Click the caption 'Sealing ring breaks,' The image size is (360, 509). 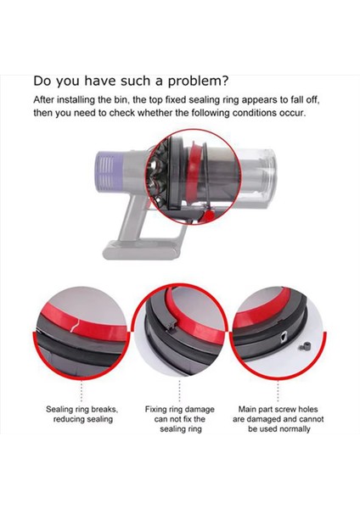point(82,408)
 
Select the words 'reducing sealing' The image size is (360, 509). point(82,419)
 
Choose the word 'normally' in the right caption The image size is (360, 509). point(293,429)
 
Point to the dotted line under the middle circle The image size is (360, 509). point(181,389)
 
